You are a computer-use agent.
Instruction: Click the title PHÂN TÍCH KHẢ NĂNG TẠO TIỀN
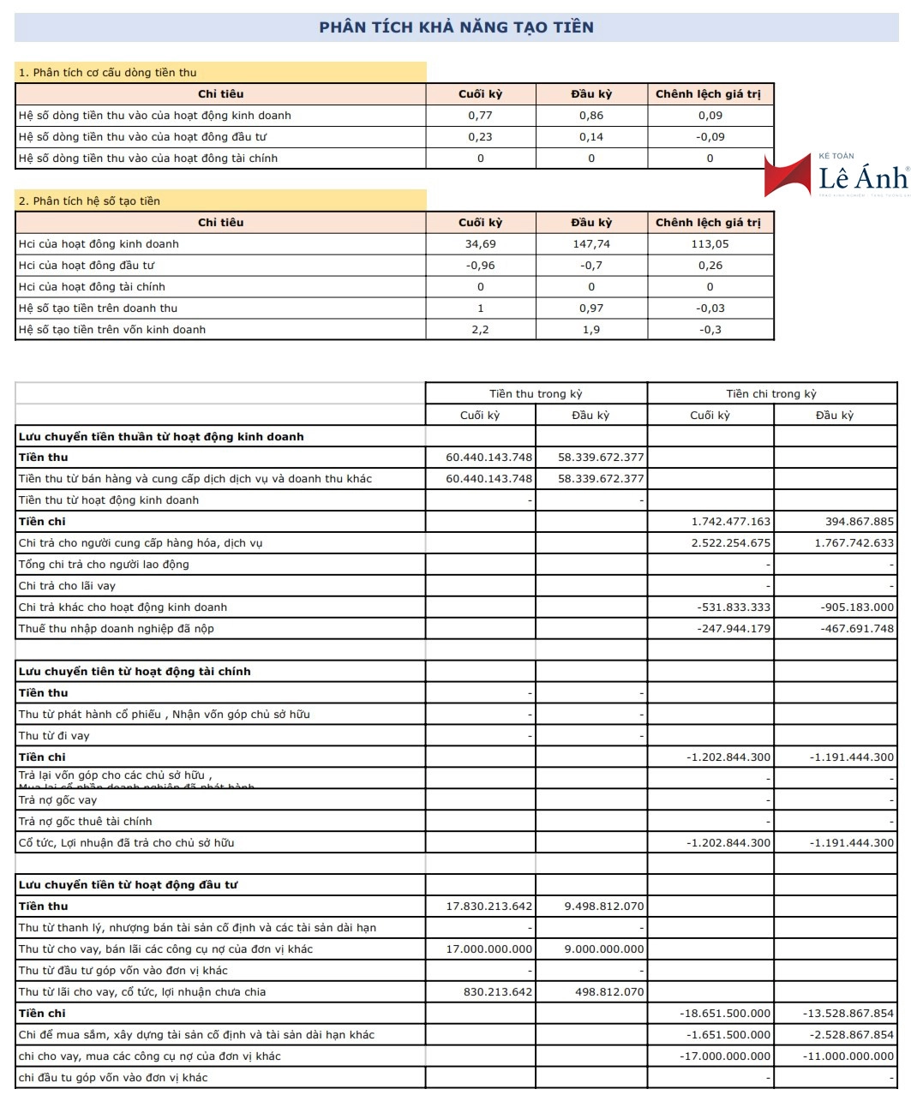pos(456,27)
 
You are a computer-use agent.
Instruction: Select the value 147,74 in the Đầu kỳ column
pos(591,244)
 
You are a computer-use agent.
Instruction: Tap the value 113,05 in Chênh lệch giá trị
pos(710,244)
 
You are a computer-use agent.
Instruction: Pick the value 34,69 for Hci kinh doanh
pos(480,244)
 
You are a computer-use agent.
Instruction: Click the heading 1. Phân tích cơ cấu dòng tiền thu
pos(108,73)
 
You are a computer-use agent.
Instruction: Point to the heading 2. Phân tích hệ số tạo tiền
pos(90,201)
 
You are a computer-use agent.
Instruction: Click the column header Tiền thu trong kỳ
pos(536,394)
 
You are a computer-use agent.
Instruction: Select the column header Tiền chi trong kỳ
pos(771,394)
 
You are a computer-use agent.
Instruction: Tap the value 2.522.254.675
pos(731,543)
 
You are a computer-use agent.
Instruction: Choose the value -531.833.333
pos(734,607)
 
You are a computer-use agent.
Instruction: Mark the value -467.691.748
pos(857,629)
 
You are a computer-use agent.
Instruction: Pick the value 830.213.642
pos(498,992)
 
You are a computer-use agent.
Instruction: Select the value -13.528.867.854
pos(848,1014)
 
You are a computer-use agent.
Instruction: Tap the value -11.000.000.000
pos(848,1056)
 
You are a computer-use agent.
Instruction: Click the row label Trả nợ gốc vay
pos(58,800)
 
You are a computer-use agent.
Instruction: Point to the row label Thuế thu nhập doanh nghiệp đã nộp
pos(117,629)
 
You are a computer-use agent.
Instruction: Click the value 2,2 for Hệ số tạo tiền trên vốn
pos(480,330)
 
